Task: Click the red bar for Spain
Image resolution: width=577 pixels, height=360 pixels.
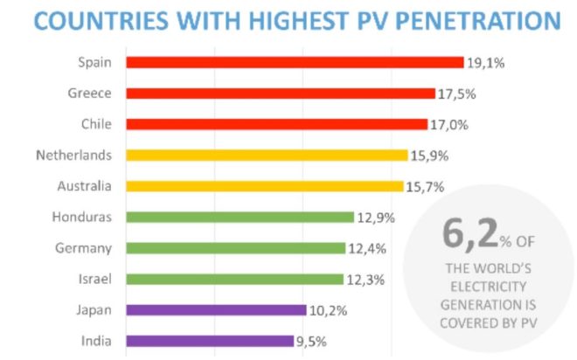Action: click(295, 62)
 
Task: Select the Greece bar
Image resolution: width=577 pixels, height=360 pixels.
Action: click(281, 93)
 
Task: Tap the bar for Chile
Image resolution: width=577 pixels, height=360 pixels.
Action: click(276, 124)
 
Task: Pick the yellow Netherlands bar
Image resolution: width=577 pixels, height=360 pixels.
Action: click(267, 155)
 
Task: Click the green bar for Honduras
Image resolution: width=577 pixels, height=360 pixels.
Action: click(240, 217)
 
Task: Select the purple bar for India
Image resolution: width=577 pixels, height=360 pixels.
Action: click(210, 341)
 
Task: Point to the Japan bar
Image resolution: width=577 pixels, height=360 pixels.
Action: click(216, 309)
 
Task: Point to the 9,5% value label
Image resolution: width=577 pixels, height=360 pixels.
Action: click(311, 341)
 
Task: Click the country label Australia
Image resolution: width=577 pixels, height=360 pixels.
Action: click(84, 186)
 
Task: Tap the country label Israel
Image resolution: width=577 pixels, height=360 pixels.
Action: click(95, 279)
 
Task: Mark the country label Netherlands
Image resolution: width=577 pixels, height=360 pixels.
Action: click(74, 155)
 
